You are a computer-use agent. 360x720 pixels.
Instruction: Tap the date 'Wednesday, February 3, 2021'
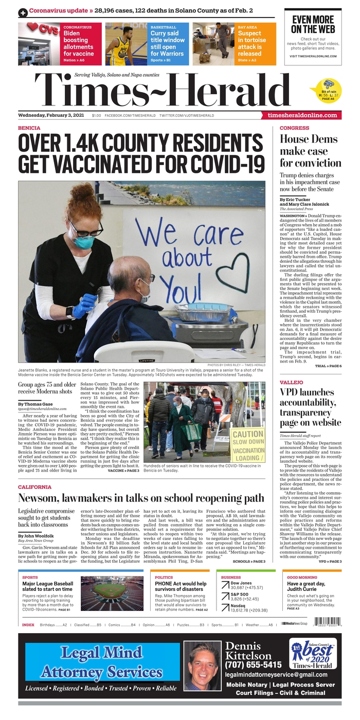click(52, 115)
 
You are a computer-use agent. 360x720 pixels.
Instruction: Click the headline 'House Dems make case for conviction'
click(309, 151)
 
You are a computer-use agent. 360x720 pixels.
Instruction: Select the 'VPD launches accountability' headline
click(310, 407)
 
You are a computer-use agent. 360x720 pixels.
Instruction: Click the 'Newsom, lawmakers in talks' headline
click(141, 498)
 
